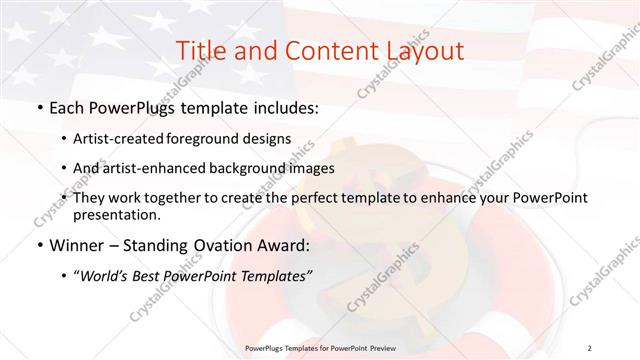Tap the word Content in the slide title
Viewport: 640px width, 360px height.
coord(317,51)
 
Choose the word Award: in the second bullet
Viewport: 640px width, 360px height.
coord(288,244)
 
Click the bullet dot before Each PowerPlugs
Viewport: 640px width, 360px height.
coord(38,108)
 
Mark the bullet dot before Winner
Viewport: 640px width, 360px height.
coord(38,245)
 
